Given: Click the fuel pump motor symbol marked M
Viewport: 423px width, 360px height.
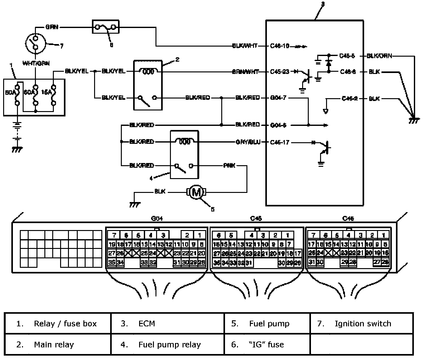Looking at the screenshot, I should click(x=196, y=192).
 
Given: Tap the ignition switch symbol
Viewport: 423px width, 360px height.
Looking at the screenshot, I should click(x=35, y=43).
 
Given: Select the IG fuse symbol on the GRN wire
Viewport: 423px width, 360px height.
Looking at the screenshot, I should click(x=106, y=27).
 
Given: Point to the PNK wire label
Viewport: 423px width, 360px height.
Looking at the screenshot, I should click(x=229, y=166).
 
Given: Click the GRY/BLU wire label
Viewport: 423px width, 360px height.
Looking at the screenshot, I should click(x=248, y=142).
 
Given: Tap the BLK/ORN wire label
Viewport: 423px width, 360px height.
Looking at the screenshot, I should click(x=380, y=56).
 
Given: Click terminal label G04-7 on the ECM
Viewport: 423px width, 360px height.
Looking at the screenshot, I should click(x=278, y=98).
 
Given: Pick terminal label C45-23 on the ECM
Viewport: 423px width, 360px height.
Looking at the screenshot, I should click(x=279, y=72).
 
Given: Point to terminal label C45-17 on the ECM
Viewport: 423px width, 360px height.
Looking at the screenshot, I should click(x=279, y=142).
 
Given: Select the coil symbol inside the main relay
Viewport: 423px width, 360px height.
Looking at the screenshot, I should click(x=148, y=71).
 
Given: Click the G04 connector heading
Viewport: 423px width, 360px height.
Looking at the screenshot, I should click(x=157, y=219).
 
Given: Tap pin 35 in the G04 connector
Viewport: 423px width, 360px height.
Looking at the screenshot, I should click(x=112, y=263).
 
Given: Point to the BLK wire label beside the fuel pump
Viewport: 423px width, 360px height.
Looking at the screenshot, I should click(x=160, y=191).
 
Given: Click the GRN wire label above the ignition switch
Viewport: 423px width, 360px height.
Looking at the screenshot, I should click(x=52, y=27).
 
